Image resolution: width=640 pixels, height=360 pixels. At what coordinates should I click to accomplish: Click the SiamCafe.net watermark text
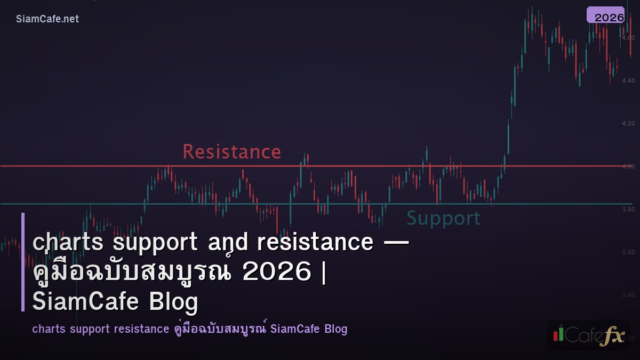point(47,19)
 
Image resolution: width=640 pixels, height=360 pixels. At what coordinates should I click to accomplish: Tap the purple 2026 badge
point(606,15)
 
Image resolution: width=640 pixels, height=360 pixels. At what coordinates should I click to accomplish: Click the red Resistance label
point(231,152)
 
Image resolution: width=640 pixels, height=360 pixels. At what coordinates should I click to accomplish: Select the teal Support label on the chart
point(443,219)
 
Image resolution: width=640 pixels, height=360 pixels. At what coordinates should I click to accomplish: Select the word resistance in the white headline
point(315,242)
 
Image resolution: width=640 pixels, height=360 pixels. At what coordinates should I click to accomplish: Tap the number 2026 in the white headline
point(276,273)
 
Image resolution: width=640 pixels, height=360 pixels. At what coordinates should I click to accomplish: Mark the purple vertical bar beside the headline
point(23,262)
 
